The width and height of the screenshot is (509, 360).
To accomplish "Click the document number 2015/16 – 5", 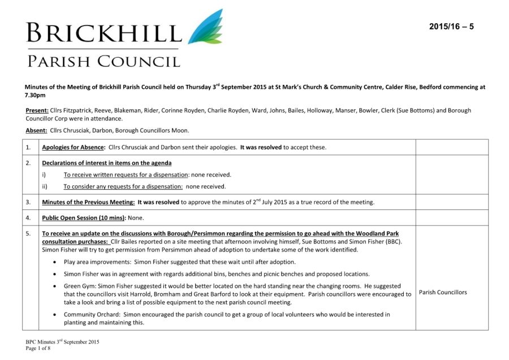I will [451, 27].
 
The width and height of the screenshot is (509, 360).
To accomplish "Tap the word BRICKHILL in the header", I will [103, 33].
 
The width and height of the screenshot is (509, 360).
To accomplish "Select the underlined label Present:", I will [36, 110].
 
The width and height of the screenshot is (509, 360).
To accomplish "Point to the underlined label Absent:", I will [36, 131].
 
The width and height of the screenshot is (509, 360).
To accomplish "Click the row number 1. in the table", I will [28, 148].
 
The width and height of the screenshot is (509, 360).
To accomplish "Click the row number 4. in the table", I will [28, 217].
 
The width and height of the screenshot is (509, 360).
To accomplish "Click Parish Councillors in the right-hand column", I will [443, 292].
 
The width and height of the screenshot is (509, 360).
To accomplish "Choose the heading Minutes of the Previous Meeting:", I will [88, 202].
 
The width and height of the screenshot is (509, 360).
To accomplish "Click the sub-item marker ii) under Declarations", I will [46, 186].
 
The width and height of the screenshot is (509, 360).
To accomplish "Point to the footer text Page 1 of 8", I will [38, 348].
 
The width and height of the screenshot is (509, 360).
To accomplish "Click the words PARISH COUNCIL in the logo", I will [104, 61].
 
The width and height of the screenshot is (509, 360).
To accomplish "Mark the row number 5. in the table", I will [28, 233].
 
